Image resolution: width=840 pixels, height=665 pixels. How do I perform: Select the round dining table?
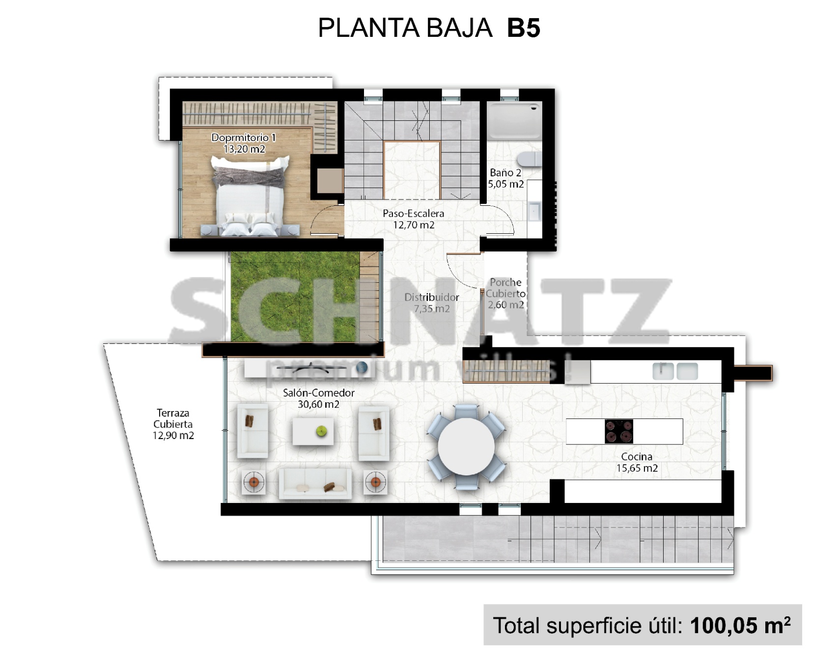(x=466, y=446)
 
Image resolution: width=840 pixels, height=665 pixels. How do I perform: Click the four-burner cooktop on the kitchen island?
(x=619, y=431)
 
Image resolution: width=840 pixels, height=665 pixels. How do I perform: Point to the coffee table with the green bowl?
(x=313, y=432)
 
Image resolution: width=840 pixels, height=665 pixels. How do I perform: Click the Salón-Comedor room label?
(x=318, y=393)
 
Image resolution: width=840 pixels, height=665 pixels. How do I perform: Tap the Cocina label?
(x=637, y=457)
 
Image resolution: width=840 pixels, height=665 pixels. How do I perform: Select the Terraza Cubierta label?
(x=173, y=418)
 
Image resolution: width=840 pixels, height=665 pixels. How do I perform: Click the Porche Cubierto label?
(x=505, y=288)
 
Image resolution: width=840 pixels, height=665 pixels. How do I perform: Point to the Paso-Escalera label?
(x=414, y=214)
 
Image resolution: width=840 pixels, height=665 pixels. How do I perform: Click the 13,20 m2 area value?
(x=244, y=149)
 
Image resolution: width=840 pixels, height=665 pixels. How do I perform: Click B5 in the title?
(x=524, y=28)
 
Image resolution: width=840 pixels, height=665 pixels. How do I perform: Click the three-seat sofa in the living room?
(x=315, y=483)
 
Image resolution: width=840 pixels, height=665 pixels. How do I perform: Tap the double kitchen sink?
(x=675, y=371)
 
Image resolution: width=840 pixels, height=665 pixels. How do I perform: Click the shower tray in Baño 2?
(x=514, y=120)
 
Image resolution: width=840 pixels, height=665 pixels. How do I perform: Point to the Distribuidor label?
(x=431, y=297)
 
